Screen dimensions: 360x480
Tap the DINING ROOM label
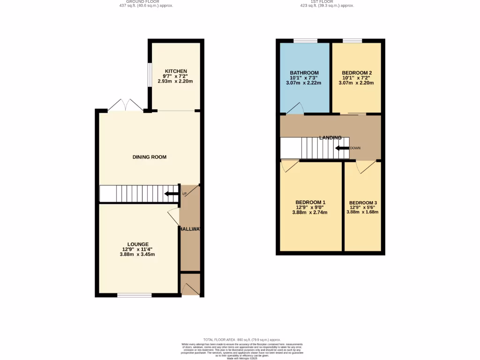(x=150, y=157)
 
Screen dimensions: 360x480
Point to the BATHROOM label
(x=304, y=73)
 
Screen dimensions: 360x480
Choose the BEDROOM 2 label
(x=357, y=73)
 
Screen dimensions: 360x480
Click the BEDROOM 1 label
(x=310, y=202)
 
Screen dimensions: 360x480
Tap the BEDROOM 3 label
(x=363, y=202)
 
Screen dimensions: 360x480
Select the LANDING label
(x=330, y=138)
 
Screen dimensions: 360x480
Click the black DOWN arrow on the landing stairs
(x=342, y=148)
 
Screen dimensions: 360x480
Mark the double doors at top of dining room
(x=125, y=105)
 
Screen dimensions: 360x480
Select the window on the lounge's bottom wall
(x=134, y=295)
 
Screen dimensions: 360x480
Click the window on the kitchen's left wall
(x=149, y=75)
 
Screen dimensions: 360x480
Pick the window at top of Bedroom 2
(x=352, y=41)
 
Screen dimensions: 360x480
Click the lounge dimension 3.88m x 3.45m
(x=137, y=255)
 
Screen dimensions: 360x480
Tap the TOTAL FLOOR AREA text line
(x=242, y=340)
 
